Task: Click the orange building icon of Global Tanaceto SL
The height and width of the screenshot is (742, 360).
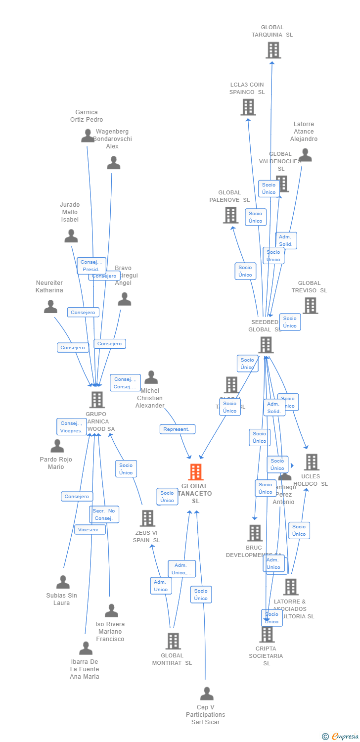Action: (196, 472)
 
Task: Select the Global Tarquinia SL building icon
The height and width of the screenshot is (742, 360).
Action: (273, 50)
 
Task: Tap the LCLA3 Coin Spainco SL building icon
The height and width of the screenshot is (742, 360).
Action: (248, 107)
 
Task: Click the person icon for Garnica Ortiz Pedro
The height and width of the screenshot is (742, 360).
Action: (88, 136)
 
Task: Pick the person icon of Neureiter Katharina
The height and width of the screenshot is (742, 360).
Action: (50, 307)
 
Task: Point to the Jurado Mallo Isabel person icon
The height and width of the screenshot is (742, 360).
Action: (71, 236)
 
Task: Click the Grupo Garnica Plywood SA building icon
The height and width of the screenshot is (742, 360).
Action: (97, 400)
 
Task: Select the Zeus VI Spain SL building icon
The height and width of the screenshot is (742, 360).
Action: (147, 518)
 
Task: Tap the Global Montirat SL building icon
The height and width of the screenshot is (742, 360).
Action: (173, 641)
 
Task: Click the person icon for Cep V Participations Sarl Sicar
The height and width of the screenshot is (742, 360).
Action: (207, 694)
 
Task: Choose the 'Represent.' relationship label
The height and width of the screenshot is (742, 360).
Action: (178, 429)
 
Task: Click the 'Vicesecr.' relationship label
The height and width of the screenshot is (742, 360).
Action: (90, 529)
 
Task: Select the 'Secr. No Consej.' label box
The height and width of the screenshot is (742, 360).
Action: (104, 514)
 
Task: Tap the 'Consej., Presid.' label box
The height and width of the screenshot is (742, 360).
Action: (91, 266)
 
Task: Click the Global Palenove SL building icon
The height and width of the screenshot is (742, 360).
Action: (230, 215)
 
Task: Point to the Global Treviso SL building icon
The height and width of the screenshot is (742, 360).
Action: (310, 305)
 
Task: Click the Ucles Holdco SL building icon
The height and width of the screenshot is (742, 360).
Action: (311, 462)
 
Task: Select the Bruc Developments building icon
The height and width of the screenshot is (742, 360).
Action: (255, 533)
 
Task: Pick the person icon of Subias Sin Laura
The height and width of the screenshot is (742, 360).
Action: (63, 582)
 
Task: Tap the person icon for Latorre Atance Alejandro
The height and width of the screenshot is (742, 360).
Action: (305, 155)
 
